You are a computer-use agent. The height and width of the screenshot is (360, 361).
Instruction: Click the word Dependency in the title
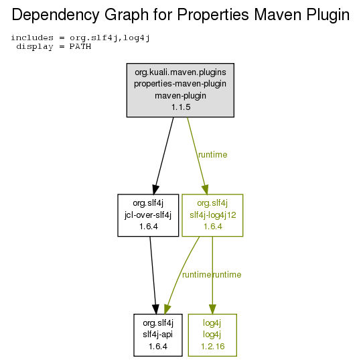[x=56, y=15]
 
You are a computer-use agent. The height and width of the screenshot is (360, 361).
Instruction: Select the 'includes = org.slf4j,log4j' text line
[x=80, y=38]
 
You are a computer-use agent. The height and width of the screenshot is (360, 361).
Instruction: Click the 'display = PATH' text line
[x=54, y=46]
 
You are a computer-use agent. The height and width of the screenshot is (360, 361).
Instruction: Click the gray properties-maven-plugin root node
[x=180, y=90]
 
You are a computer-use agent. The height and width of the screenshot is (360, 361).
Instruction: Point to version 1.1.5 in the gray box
[x=181, y=107]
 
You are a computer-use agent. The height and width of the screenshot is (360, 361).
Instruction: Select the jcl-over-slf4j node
[x=148, y=215]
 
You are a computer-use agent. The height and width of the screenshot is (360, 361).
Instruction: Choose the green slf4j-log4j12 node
[x=212, y=215]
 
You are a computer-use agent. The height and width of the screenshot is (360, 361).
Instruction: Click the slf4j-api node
[x=158, y=335]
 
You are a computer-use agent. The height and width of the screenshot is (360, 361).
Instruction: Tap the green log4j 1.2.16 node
[x=212, y=335]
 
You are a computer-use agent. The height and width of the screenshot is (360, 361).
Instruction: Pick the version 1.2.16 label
[x=213, y=347]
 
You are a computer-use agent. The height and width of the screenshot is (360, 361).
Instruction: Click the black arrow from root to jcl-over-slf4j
[x=164, y=156]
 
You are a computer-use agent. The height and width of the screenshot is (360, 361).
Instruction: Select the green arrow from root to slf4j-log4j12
[x=197, y=156]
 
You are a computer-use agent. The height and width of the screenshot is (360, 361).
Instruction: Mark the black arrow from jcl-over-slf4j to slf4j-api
[x=153, y=275]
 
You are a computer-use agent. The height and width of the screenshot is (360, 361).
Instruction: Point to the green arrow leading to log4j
[x=212, y=275]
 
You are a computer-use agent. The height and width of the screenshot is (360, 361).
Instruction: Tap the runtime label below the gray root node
[x=213, y=155]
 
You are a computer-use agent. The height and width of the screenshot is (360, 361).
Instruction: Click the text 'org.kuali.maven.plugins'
[x=181, y=72]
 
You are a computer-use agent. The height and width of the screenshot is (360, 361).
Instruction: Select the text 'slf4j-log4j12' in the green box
[x=213, y=215]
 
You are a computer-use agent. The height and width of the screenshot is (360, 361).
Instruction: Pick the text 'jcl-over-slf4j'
[x=148, y=215]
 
